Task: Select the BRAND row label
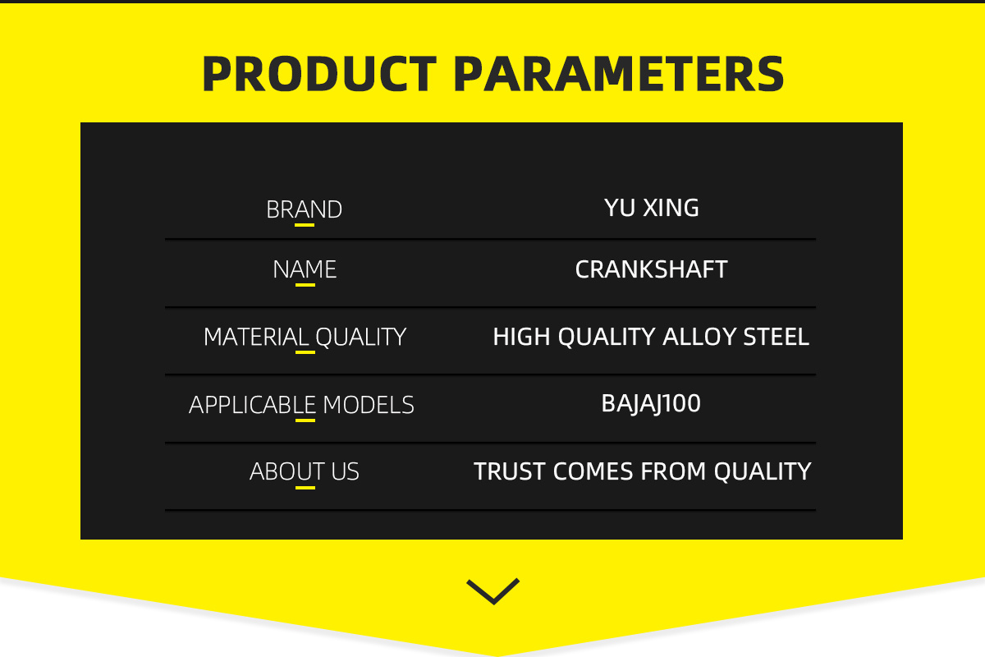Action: [x=304, y=209]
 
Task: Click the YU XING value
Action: [x=651, y=207]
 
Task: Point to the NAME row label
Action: [x=305, y=269]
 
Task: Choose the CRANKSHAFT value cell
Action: [x=651, y=269]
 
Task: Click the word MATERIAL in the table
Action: [x=256, y=337]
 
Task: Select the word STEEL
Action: [x=777, y=337]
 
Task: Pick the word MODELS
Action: [x=369, y=405]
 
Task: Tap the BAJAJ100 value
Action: [x=651, y=403]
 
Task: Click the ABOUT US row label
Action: [x=305, y=471]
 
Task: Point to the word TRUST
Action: [x=509, y=471]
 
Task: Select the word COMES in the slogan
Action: [x=593, y=471]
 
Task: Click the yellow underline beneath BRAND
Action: [x=305, y=225]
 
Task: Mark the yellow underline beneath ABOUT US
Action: [x=305, y=488]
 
